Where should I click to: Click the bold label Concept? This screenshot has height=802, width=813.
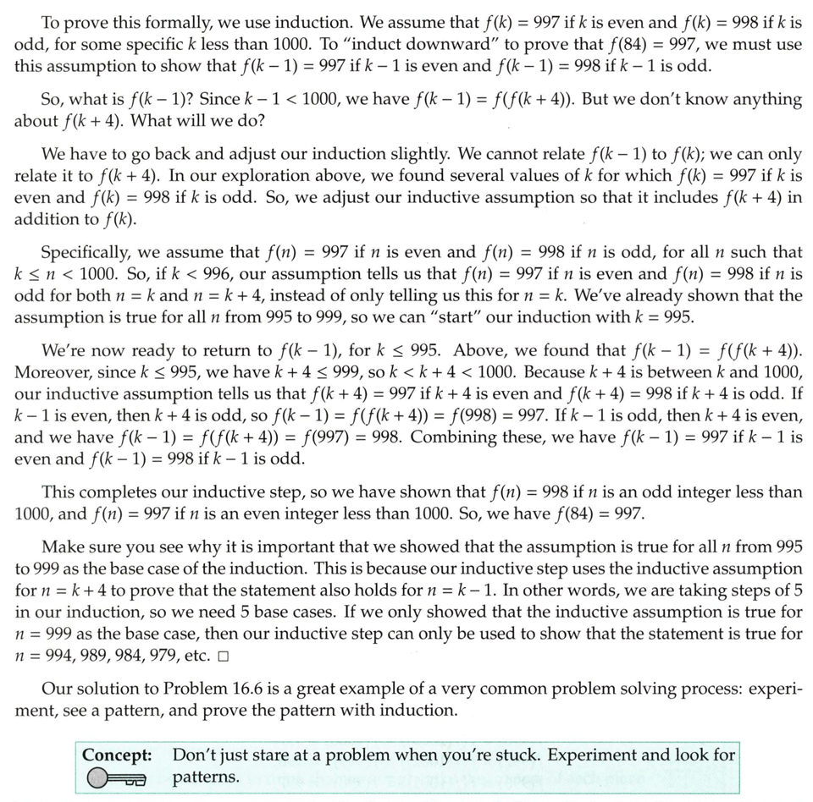[x=117, y=755]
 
